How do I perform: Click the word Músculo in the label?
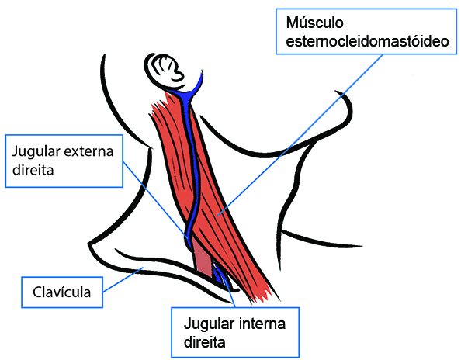314,22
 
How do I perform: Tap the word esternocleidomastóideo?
367,41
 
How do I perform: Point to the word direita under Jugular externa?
33,170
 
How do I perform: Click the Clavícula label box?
62,292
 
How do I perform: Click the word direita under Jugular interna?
205,342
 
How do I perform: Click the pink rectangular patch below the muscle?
203,256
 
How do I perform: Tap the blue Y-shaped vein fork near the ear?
189,91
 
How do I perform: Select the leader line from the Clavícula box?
123,279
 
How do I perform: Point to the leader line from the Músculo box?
300,135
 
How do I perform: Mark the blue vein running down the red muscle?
192,164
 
